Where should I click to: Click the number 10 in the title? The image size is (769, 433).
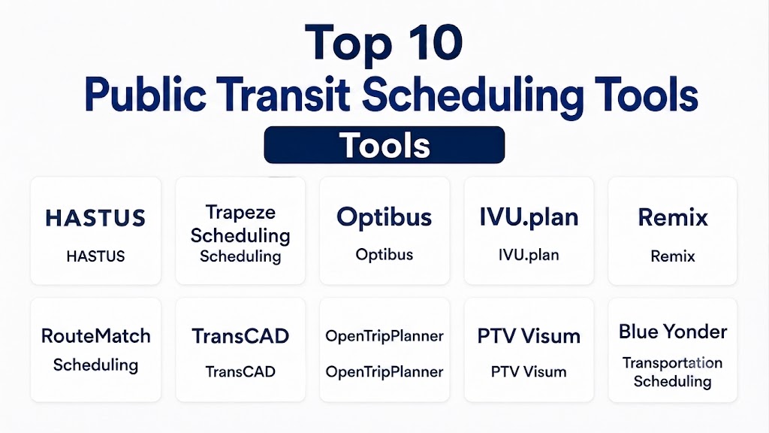[433, 42]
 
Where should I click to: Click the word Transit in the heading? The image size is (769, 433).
[283, 94]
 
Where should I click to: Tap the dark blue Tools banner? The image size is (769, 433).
[384, 145]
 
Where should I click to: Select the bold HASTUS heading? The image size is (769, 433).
[95, 218]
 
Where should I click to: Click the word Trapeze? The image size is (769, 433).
[240, 213]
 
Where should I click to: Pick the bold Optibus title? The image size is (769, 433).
[384, 218]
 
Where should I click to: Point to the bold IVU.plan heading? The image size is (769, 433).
[529, 217]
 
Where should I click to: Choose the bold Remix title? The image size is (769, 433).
[673, 217]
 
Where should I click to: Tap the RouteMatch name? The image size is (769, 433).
[95, 336]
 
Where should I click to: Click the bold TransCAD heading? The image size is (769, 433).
[240, 336]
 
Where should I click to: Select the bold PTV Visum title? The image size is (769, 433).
[529, 336]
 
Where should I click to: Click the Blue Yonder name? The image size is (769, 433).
[673, 332]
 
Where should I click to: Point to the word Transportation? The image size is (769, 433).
[672, 363]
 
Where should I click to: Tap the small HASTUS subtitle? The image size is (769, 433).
[95, 256]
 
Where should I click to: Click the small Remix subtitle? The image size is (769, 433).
[673, 256]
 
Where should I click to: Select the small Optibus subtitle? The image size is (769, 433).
[384, 255]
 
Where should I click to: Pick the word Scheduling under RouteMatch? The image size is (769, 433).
[95, 365]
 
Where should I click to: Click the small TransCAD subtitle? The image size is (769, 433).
[240, 371]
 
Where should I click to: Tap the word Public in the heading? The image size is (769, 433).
[145, 94]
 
